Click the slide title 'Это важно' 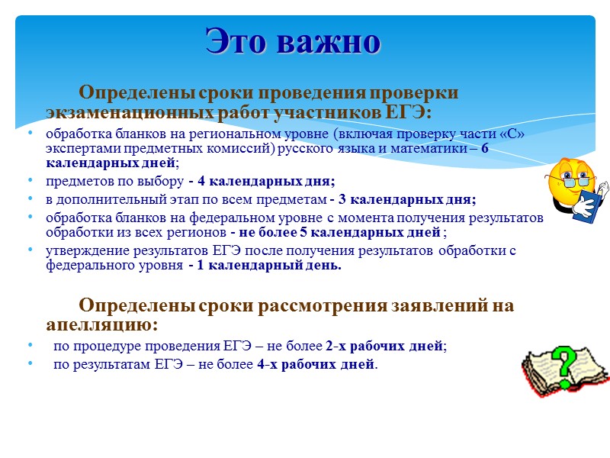pyautogui.click(x=293, y=42)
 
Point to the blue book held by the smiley pyautogui.click(x=588, y=206)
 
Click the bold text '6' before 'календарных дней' pyautogui.click(x=484, y=149)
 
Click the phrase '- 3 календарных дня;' pyautogui.click(x=403, y=199)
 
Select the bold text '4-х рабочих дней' pyautogui.click(x=316, y=364)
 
